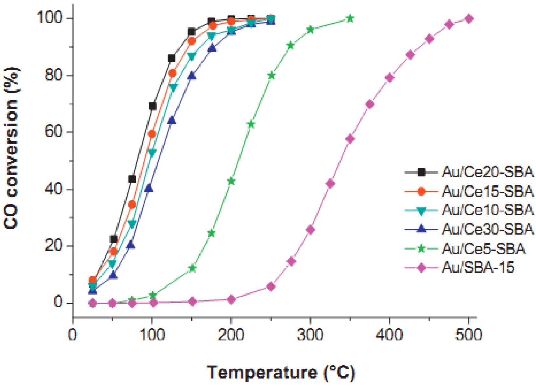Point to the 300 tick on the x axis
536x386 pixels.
point(310,335)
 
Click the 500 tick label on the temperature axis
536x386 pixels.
point(469,335)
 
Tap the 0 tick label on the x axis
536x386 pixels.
point(73,335)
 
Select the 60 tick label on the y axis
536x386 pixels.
point(53,132)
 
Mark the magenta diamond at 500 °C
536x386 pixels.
point(469,18)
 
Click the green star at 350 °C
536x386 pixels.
point(350,18)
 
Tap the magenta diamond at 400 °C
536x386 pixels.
point(390,78)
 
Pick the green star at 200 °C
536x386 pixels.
point(231,181)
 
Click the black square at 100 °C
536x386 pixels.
point(152,106)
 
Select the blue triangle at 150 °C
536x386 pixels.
point(192,76)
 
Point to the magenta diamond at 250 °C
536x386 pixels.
point(271,287)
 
